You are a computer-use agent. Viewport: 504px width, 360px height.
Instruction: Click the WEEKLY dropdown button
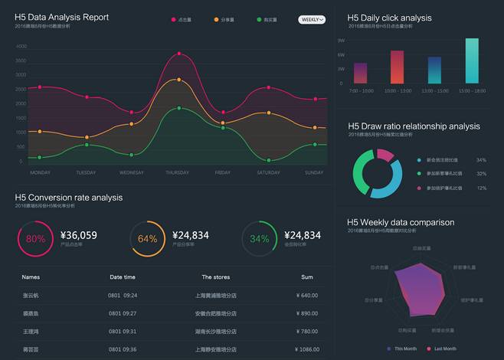click(x=312, y=19)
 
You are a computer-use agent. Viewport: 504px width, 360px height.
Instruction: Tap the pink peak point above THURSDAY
click(x=178, y=54)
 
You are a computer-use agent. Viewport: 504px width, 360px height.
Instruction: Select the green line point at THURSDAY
click(x=178, y=108)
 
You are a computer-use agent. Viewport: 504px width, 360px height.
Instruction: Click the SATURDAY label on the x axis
click(x=268, y=172)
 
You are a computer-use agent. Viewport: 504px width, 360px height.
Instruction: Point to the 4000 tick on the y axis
click(x=21, y=46)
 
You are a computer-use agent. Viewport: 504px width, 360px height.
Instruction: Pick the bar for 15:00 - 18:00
click(x=472, y=61)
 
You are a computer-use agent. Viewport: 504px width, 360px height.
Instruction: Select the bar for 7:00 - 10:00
click(x=360, y=73)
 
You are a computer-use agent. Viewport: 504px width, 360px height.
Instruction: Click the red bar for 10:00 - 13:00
click(x=397, y=67)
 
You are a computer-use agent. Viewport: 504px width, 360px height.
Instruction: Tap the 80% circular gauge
click(x=35, y=238)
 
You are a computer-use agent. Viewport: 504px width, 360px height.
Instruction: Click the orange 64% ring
click(x=147, y=238)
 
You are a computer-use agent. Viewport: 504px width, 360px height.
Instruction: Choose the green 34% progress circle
click(x=260, y=238)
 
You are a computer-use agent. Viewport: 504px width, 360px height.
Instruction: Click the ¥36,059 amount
click(x=78, y=235)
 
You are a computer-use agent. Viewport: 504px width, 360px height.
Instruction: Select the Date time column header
click(x=123, y=277)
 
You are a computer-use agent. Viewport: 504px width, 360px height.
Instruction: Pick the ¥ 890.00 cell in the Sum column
click(x=306, y=313)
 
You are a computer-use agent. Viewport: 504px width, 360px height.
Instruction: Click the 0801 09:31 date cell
click(x=123, y=331)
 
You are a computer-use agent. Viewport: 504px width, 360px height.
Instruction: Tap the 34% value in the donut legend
click(x=481, y=160)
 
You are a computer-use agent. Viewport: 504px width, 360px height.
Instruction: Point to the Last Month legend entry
click(x=444, y=349)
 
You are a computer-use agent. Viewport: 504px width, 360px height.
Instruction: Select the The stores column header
click(x=216, y=277)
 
